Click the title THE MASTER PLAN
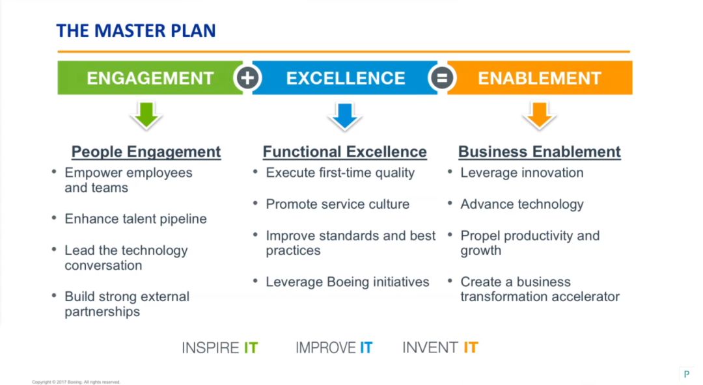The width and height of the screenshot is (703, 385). (136, 31)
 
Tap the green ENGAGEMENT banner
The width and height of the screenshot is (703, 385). (150, 78)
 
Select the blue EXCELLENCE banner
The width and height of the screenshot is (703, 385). (345, 78)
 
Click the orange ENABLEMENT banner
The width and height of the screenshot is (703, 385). (540, 78)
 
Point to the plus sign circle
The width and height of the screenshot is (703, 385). (247, 78)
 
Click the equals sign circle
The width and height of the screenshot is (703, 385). (442, 78)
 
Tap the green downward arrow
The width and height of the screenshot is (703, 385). (146, 116)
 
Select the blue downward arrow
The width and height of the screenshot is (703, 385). (345, 116)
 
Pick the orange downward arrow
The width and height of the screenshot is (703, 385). (540, 116)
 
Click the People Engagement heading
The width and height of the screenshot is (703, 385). (146, 152)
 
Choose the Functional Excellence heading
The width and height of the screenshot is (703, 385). (345, 152)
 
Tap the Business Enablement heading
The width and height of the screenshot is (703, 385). (540, 152)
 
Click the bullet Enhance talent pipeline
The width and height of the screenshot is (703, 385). (135, 219)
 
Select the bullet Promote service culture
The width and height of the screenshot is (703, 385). (338, 204)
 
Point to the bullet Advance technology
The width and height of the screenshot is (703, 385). (522, 204)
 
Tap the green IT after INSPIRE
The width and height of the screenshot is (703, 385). (251, 348)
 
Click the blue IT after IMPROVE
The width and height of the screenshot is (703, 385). (366, 348)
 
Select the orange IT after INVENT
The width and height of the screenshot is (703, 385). (471, 348)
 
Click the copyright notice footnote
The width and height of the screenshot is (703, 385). (76, 382)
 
